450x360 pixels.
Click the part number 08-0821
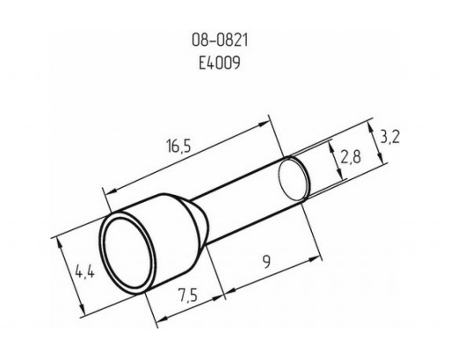click(x=220, y=40)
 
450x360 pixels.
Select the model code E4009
click(x=220, y=62)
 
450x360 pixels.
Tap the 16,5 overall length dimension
click(x=178, y=146)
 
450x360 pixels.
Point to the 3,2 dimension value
click(x=389, y=137)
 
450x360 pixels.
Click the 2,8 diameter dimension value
click(x=351, y=156)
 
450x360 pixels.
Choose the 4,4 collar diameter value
click(x=85, y=272)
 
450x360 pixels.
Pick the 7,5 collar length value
click(x=187, y=295)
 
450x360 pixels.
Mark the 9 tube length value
click(x=266, y=262)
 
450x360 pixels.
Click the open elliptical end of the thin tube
click(x=294, y=179)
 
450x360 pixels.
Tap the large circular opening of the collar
click(x=128, y=254)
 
